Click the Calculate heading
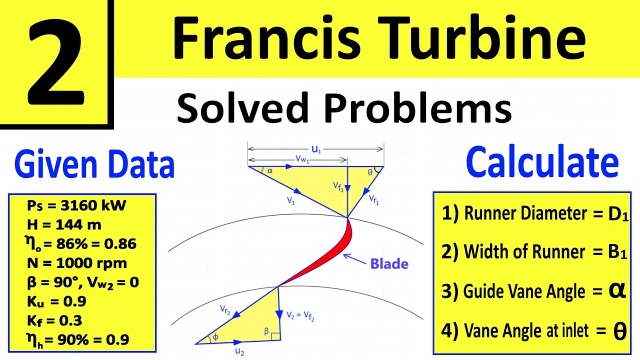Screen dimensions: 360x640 coord(542,162)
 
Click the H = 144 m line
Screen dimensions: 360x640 coord(63,224)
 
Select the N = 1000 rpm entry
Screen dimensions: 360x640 coord(76,263)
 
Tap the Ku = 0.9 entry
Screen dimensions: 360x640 coord(55,301)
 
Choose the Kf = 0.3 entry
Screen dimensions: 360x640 coord(53,320)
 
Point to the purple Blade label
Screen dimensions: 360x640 coord(389,263)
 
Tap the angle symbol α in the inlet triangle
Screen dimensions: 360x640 coord(270,170)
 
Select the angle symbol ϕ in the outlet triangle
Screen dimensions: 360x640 coord(215,337)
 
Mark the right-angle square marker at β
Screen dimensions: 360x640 coord(275,335)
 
